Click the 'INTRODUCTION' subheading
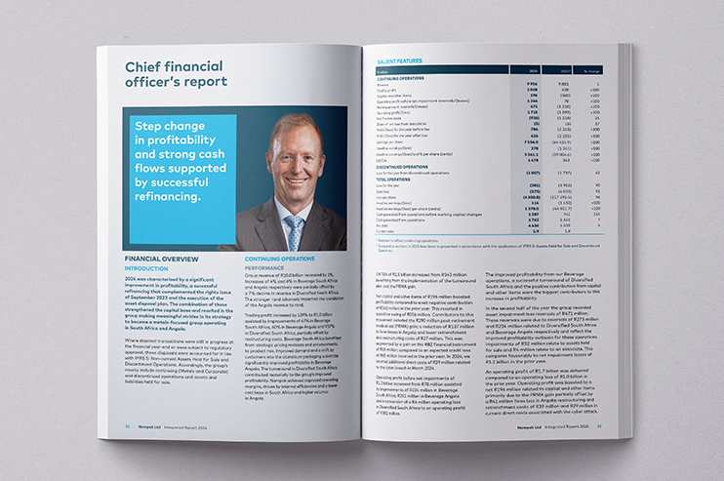click(146, 267)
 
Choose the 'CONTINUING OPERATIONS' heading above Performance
click(279, 259)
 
